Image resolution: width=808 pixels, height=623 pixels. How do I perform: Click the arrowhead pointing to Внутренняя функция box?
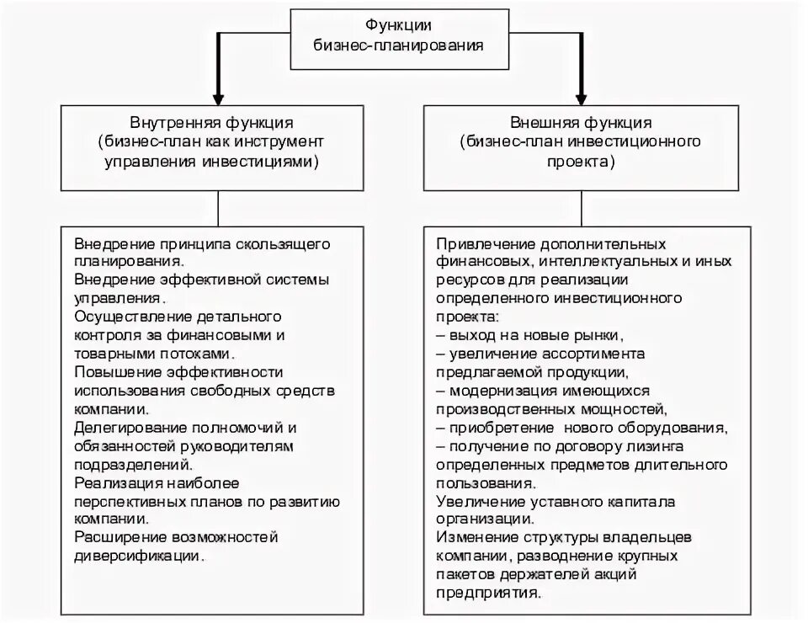pos(218,93)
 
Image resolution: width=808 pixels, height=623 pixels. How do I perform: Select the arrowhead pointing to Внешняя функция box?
pos(582,93)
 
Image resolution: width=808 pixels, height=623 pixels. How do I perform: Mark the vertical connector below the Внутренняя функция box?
pos(218,207)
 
